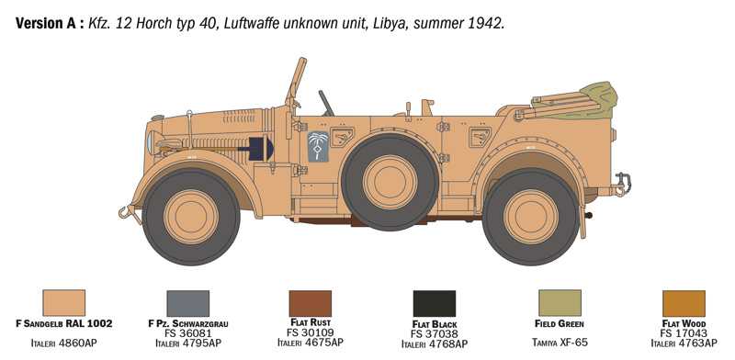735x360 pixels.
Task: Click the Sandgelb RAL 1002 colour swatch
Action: click(63, 303)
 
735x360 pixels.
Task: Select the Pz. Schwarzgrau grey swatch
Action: click(187, 303)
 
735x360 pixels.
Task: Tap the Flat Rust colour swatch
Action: click(310, 303)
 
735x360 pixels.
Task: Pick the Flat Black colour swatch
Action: click(434, 304)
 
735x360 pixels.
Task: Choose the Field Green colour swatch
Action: click(560, 303)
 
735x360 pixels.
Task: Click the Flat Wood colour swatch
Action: click(684, 303)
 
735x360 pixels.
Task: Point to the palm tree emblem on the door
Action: click(319, 147)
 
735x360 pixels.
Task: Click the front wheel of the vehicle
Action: click(190, 216)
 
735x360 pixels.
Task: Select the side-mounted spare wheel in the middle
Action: click(390, 182)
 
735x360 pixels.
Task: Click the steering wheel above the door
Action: click(325, 103)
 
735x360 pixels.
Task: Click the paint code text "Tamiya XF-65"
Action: click(559, 343)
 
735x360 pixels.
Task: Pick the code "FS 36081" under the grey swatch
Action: click(187, 333)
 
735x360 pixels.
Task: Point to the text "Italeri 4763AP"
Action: click(684, 343)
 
